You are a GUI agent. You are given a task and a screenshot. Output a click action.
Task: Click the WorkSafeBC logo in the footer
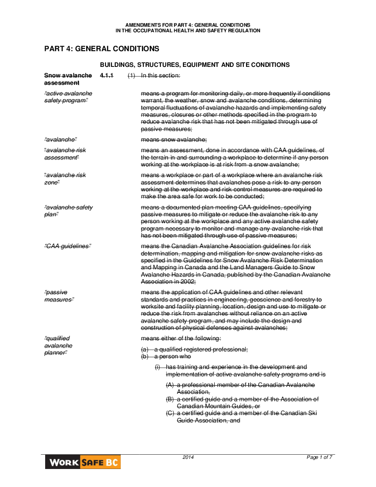(83, 462)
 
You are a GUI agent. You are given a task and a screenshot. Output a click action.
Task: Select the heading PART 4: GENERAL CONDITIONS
(102, 49)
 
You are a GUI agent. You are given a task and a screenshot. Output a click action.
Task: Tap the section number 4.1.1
(106, 75)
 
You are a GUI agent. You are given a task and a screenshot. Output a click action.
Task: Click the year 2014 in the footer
(188, 457)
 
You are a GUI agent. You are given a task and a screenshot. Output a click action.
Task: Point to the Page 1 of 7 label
(319, 457)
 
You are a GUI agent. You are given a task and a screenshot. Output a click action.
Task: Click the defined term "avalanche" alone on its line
(60, 140)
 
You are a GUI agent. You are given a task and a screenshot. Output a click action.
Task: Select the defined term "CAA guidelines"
(67, 246)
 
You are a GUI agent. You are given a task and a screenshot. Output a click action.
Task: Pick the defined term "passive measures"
(59, 296)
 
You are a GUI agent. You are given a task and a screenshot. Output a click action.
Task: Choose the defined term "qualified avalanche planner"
(58, 345)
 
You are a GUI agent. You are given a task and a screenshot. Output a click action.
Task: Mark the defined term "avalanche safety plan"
(68, 211)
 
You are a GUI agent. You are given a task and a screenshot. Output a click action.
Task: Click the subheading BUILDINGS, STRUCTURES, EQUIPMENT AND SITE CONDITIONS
(194, 65)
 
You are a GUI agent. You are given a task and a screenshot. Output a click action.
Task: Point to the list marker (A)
(170, 385)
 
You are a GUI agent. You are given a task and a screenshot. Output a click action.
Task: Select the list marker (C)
(170, 413)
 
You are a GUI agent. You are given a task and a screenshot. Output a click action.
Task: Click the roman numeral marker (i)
(158, 367)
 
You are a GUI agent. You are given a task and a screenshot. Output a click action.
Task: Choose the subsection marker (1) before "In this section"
(131, 75)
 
